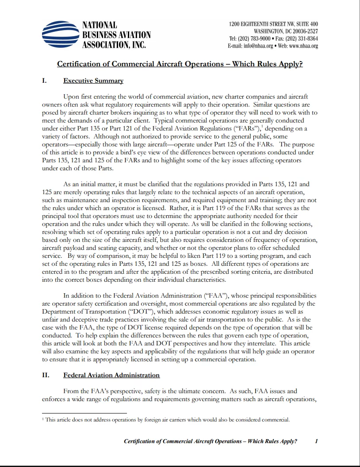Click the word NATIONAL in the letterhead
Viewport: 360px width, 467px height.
click(x=100, y=25)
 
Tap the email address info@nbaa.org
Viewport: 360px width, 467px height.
click(x=257, y=46)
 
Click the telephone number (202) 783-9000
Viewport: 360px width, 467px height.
click(x=258, y=38)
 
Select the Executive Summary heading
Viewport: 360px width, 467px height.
click(x=93, y=80)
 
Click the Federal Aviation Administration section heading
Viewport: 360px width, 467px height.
click(x=111, y=375)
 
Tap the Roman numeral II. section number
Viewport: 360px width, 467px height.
click(x=46, y=375)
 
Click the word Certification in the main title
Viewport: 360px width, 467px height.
click(x=79, y=64)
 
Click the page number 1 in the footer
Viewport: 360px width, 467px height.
click(x=317, y=441)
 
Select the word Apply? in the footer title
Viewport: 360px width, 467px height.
click(x=287, y=441)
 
